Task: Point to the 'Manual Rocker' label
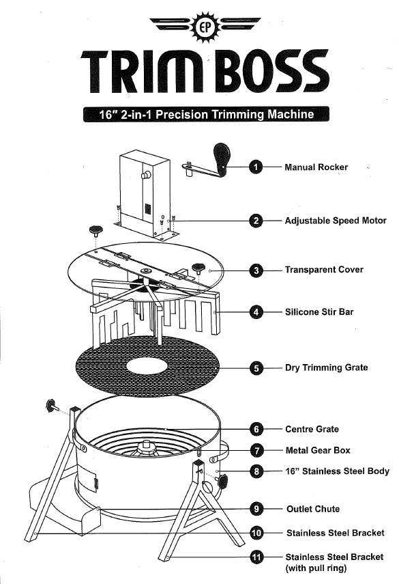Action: pos(316,167)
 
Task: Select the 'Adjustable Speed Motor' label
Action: pos(336,221)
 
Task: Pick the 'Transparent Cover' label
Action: pos(324,270)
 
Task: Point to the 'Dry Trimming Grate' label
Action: pos(326,367)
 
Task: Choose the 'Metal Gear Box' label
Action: pos(318,451)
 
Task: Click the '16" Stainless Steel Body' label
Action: pos(337,471)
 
